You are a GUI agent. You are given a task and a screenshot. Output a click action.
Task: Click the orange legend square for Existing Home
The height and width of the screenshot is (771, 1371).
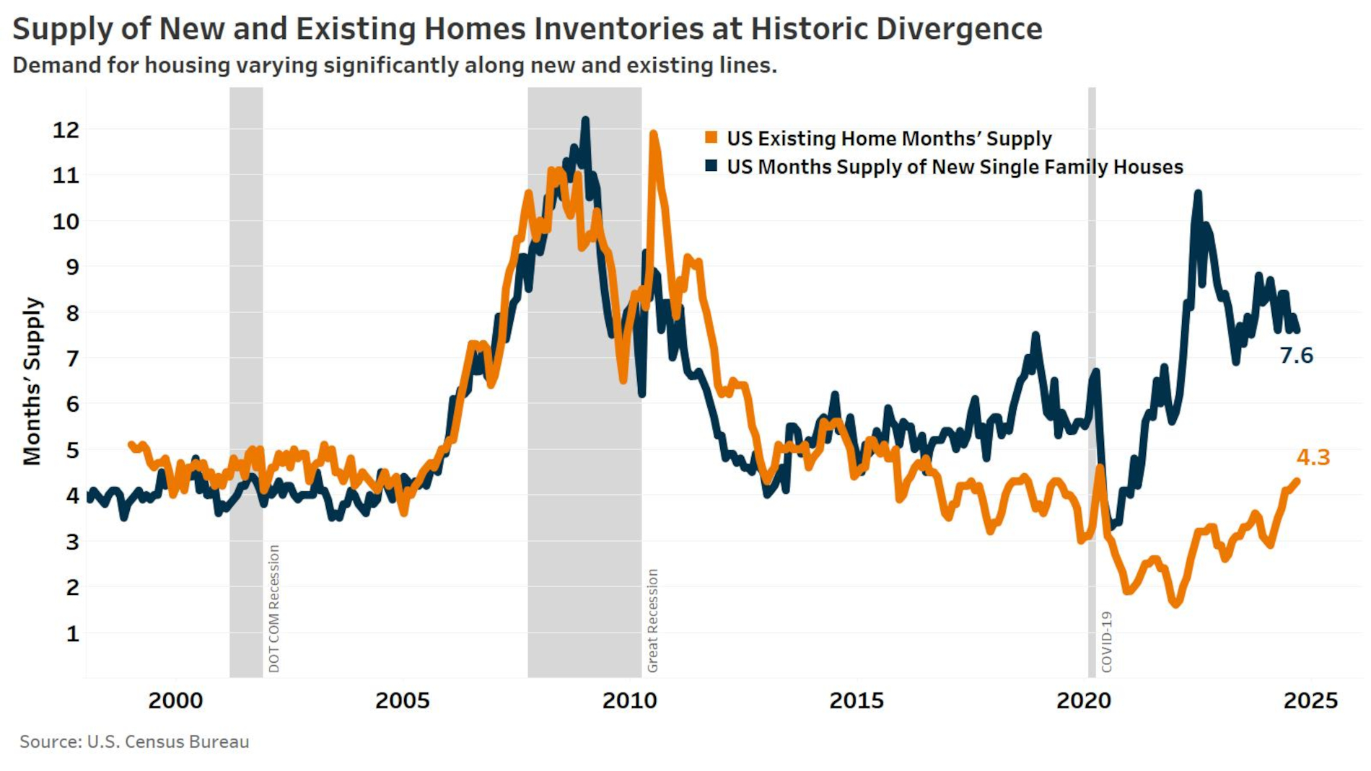pyautogui.click(x=711, y=138)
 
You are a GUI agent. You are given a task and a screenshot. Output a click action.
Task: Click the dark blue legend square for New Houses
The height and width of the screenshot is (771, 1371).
pyautogui.click(x=711, y=166)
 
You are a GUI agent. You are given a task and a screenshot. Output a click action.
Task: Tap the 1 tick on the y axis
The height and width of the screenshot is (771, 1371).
pyautogui.click(x=72, y=633)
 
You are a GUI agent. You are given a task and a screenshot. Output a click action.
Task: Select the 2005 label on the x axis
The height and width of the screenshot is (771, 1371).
pyautogui.click(x=402, y=700)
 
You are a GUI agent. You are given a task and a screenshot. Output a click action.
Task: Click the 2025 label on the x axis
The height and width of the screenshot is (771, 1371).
pyautogui.click(x=1310, y=700)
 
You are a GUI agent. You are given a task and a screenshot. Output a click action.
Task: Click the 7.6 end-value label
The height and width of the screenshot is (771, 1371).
pyautogui.click(x=1296, y=356)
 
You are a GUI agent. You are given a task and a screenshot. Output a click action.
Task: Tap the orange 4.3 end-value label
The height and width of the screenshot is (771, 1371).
pyautogui.click(x=1313, y=457)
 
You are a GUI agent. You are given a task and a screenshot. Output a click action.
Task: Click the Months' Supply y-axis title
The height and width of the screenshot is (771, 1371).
pyautogui.click(x=32, y=381)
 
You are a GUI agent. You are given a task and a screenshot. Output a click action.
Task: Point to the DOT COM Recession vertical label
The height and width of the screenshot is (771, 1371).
pyautogui.click(x=273, y=608)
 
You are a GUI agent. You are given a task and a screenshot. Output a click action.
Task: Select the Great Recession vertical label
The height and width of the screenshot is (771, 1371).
pyautogui.click(x=652, y=620)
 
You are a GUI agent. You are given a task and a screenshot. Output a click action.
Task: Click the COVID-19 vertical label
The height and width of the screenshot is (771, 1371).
pyautogui.click(x=1106, y=642)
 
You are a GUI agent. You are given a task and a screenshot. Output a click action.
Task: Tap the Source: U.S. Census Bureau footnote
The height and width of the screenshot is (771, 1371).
pyautogui.click(x=134, y=741)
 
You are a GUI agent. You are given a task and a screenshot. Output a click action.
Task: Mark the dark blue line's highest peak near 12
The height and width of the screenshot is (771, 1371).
pyautogui.click(x=585, y=120)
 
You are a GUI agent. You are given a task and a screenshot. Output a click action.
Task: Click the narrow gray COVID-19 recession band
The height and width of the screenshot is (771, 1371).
pyautogui.click(x=1092, y=361)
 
